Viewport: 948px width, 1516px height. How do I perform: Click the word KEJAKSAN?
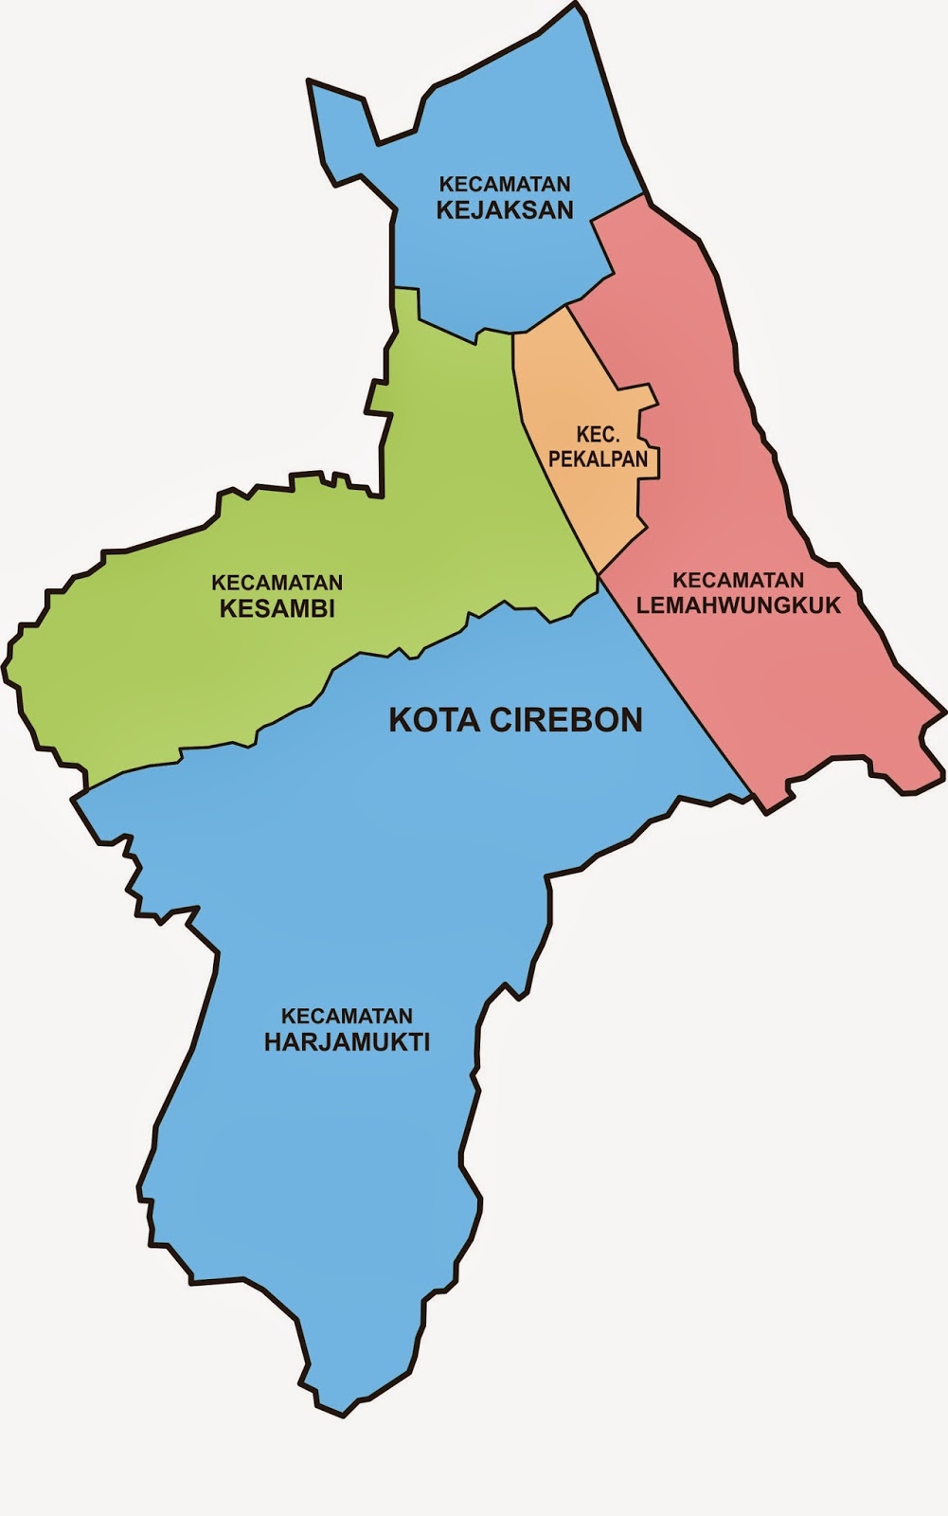(505, 209)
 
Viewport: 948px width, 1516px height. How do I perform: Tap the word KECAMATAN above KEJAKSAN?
(505, 184)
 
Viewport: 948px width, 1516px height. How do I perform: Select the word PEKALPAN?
(611, 460)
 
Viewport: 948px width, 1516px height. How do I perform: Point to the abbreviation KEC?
(598, 435)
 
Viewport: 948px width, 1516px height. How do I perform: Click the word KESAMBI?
(277, 608)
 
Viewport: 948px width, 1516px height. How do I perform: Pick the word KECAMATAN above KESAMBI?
(277, 582)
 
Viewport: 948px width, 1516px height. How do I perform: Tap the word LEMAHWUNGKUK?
(739, 605)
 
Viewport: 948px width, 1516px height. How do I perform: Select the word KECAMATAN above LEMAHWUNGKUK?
(739, 580)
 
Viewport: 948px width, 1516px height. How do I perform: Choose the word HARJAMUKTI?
(347, 1042)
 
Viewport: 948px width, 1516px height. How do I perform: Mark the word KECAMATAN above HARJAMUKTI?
(347, 1017)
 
